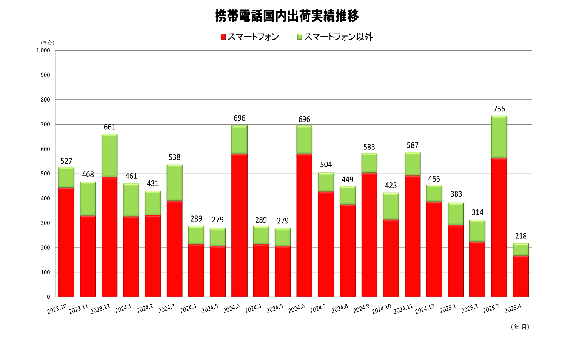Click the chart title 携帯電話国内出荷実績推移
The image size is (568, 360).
287,16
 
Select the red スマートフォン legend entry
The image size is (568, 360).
250,37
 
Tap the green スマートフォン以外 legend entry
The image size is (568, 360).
335,37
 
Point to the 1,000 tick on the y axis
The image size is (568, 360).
43,50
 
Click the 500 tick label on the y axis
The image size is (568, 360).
45,174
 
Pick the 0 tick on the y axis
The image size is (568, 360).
48,297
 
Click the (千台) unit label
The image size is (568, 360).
48,43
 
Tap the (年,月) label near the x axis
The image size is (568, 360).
520,327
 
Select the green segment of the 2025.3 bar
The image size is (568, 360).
499,137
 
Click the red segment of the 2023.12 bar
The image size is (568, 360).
109,237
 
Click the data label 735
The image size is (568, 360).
499,109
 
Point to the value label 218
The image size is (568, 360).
521,236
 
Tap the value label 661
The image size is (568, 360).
109,127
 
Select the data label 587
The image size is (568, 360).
413,145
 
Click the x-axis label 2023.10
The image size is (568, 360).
57,309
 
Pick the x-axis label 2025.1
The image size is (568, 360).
448,308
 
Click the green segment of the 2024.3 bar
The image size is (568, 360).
174,183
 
